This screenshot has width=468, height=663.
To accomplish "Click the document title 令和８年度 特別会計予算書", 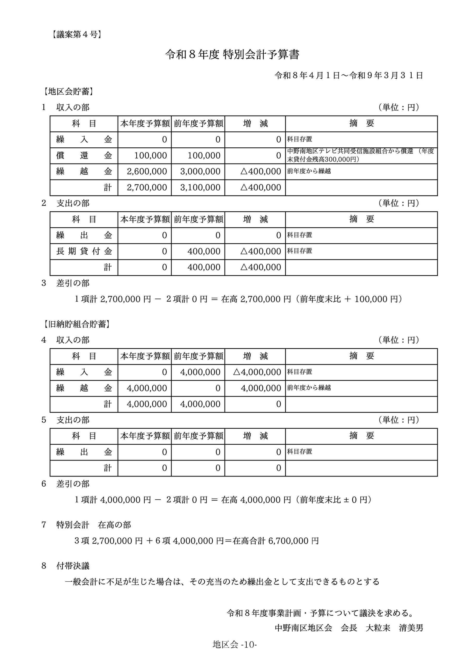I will pyautogui.click(x=232, y=55).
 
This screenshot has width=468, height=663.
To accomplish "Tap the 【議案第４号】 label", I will pyautogui.click(x=77, y=35).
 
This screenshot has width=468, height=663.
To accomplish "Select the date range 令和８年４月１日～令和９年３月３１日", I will pyautogui.click(x=348, y=76).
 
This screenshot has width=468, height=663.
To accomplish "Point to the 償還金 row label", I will pyautogui.click(x=84, y=156).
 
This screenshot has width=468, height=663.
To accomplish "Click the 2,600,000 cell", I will pyautogui.click(x=147, y=171).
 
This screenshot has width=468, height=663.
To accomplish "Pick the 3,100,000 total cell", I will pyautogui.click(x=200, y=188).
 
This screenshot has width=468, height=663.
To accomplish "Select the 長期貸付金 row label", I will pyautogui.click(x=84, y=251).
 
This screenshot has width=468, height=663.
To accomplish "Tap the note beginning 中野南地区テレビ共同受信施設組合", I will pyautogui.click(x=360, y=155).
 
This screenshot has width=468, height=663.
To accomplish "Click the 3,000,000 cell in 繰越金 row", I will pyautogui.click(x=200, y=171).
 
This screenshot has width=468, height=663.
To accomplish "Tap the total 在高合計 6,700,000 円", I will pyautogui.click(x=276, y=541).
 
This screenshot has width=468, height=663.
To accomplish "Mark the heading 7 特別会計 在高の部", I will pyautogui.click(x=86, y=525).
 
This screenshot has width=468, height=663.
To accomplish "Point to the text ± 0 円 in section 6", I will pyautogui.click(x=355, y=500).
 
